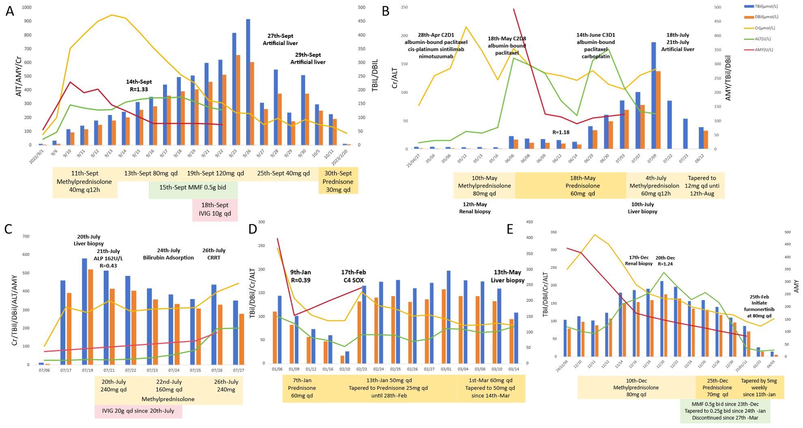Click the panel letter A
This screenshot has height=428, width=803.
click(10, 11)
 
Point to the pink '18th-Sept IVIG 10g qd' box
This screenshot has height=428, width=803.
click(215, 210)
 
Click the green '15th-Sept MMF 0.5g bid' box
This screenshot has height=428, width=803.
click(193, 187)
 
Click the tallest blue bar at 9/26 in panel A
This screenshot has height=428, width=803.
click(248, 81)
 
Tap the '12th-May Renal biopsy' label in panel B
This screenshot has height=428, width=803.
click(474, 208)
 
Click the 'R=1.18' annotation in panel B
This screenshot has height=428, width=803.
click(561, 132)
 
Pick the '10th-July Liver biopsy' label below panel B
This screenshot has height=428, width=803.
click(642, 208)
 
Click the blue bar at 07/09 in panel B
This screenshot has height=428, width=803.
click(654, 95)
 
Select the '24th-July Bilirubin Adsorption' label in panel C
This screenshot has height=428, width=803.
click(168, 254)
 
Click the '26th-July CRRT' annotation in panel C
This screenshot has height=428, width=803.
click(214, 254)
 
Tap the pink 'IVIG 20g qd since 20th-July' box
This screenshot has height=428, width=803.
click(138, 411)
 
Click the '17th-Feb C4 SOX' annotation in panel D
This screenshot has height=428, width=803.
click(353, 276)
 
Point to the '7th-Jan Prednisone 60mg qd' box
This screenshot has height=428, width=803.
click(302, 388)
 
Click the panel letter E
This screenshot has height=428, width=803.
click(510, 229)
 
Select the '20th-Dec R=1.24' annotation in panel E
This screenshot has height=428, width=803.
click(665, 261)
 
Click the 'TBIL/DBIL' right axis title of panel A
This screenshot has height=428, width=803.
click(375, 75)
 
